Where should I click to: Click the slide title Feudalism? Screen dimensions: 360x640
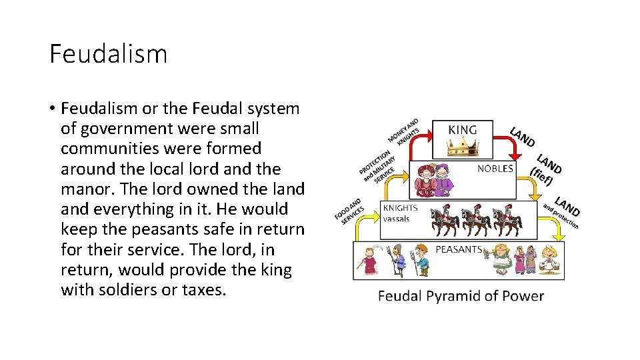pyautogui.click(x=108, y=54)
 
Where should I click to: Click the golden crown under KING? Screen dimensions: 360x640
pyautogui.click(x=462, y=148)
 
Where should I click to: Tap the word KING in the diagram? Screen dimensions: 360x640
pyautogui.click(x=462, y=129)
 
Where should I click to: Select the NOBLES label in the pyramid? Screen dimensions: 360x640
pyautogui.click(x=495, y=169)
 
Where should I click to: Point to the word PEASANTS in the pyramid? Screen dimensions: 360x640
pyautogui.click(x=458, y=249)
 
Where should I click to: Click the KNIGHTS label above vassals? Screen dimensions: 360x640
pyautogui.click(x=400, y=208)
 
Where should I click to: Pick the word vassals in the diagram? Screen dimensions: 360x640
pyautogui.click(x=396, y=218)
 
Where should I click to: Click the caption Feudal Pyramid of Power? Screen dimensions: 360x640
pyautogui.click(x=461, y=296)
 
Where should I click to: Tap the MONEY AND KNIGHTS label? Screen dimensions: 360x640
pyautogui.click(x=403, y=131)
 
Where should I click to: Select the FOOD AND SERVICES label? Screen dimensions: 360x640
pyautogui.click(x=349, y=210)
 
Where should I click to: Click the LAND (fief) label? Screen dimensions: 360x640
pyautogui.click(x=545, y=169)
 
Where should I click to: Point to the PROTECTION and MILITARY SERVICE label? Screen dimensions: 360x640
pyautogui.click(x=378, y=164)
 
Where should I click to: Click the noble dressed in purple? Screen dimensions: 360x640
pyautogui.click(x=445, y=181)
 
